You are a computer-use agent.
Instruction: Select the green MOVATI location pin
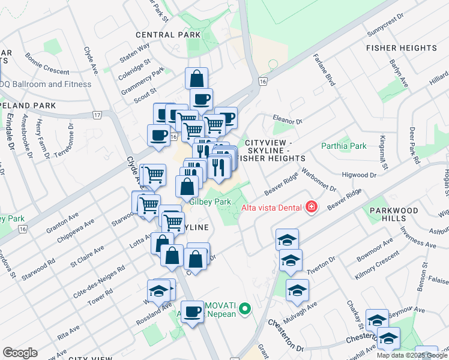(244, 309)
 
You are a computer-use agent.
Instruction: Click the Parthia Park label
(343, 146)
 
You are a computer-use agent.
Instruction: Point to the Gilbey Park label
(210, 203)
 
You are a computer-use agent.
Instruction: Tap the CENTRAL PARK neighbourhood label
(168, 35)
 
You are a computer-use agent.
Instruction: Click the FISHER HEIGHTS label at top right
(402, 48)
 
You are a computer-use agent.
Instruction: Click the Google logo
(20, 353)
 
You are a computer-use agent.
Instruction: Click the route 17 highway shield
(98, 114)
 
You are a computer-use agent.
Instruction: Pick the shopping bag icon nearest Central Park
(196, 79)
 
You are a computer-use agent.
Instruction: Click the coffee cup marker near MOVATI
(193, 312)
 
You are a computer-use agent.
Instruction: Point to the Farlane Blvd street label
(322, 70)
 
